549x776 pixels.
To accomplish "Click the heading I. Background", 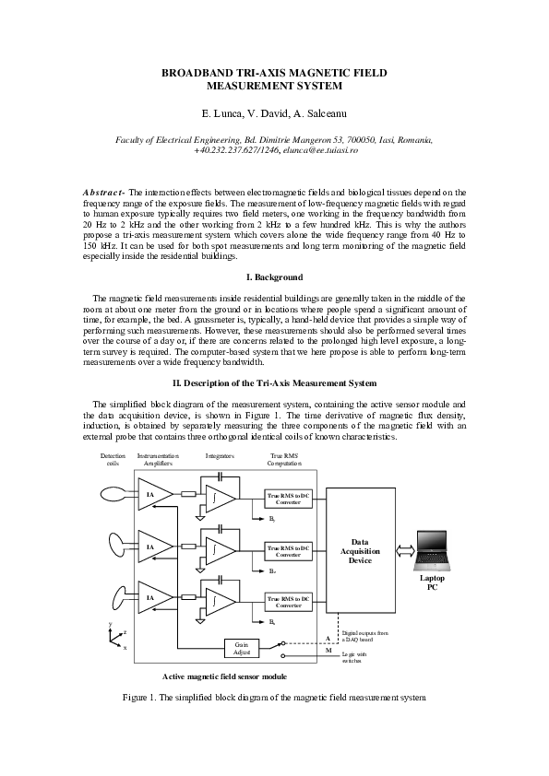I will click(275, 277).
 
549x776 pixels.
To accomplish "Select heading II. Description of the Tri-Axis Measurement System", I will click(275, 382).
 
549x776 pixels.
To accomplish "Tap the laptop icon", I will click(433, 549).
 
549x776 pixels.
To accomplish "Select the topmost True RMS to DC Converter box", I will click(289, 499).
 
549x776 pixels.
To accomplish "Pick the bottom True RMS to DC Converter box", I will click(289, 602).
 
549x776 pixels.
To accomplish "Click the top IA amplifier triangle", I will click(151, 494).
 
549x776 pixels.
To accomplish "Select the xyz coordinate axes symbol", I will click(115, 637).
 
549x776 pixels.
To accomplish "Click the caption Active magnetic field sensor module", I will click(224, 676).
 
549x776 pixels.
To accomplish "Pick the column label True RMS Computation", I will click(285, 459).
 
